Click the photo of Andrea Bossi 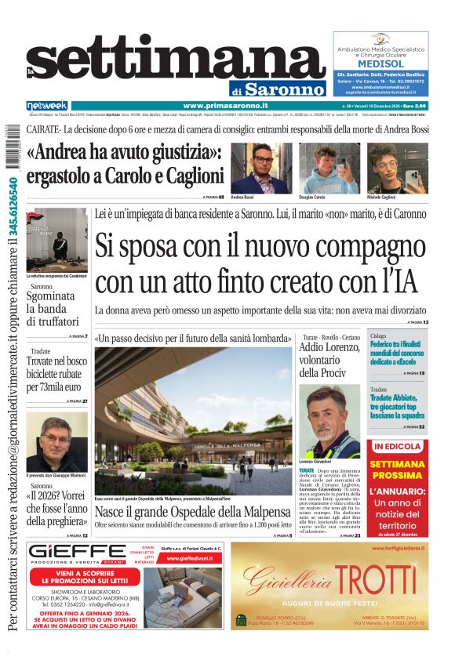coord(261,168)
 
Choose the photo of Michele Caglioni coord(387,168)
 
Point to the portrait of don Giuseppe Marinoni coord(56,441)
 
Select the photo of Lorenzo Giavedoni coord(329,421)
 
